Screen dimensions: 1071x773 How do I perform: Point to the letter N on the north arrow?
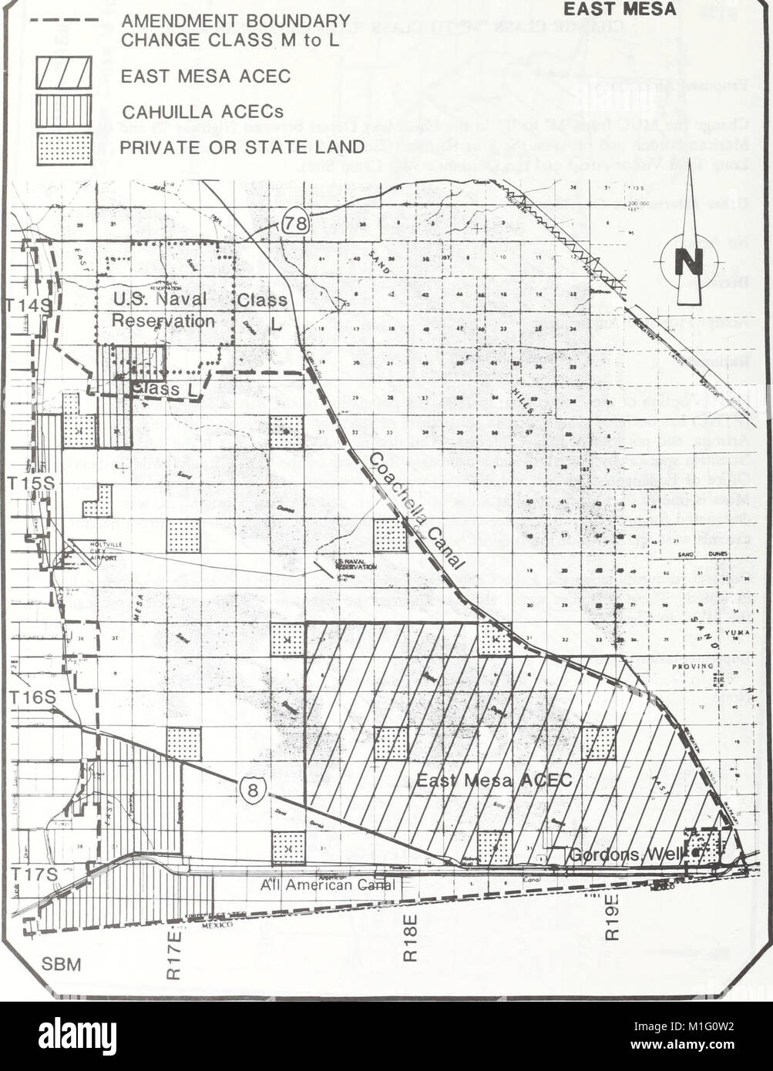click(688, 262)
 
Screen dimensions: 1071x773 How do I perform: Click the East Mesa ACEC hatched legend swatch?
click(64, 72)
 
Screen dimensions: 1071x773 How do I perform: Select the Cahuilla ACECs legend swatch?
click(64, 110)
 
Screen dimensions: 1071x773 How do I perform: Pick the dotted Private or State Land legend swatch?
click(64, 148)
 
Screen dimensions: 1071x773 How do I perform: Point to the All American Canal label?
click(327, 885)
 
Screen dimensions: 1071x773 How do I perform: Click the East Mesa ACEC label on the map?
click(494, 781)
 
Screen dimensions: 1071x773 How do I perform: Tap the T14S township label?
click(26, 305)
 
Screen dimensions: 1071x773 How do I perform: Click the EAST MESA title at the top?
click(630, 9)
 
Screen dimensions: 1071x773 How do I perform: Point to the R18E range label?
click(410, 938)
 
